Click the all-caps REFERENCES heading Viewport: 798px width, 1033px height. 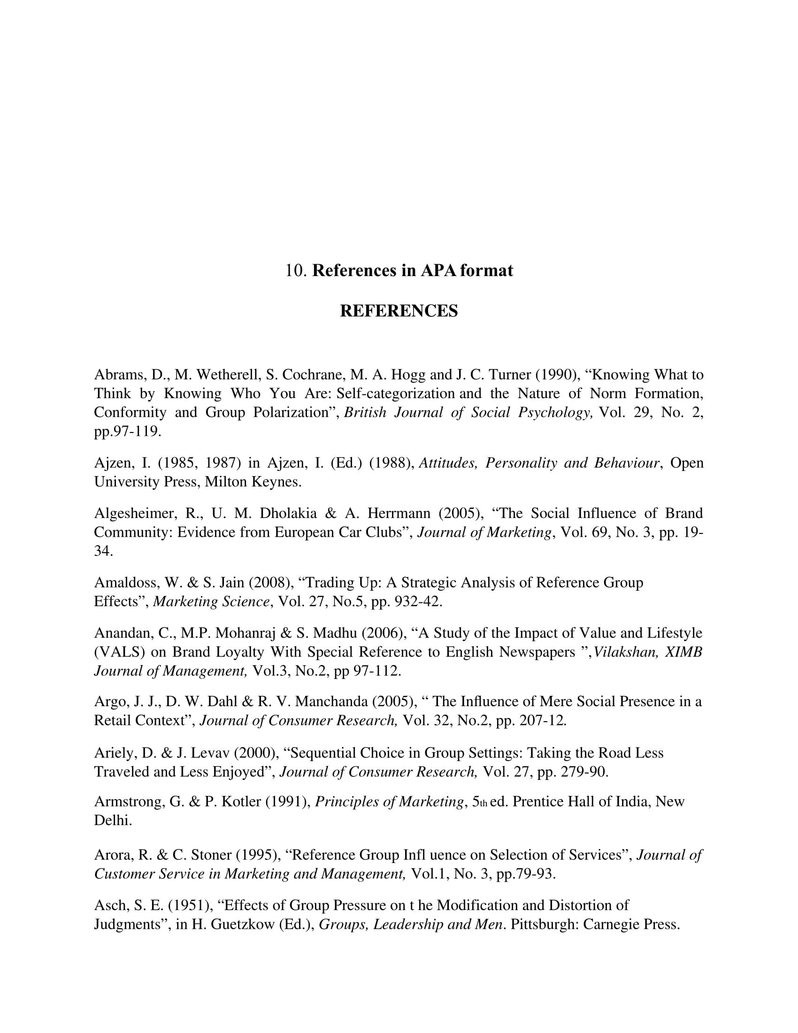tap(399, 311)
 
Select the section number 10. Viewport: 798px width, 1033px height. tap(296, 270)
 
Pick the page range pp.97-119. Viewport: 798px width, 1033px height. tap(128, 432)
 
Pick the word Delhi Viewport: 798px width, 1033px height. tap(113, 820)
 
